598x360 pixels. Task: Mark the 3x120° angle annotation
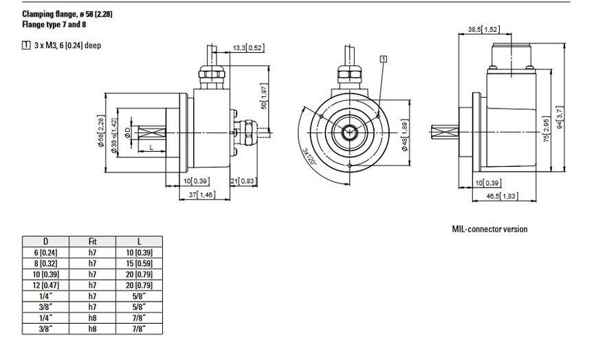pyautogui.click(x=310, y=157)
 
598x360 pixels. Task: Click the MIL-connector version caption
pyautogui.click(x=489, y=229)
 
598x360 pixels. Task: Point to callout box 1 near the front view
pyautogui.click(x=384, y=58)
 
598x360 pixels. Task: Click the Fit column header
pyautogui.click(x=92, y=241)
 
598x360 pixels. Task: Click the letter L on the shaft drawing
pyautogui.click(x=151, y=147)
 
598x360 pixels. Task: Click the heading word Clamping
pyautogui.click(x=38, y=14)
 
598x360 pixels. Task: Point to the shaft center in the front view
pyautogui.click(x=349, y=133)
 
